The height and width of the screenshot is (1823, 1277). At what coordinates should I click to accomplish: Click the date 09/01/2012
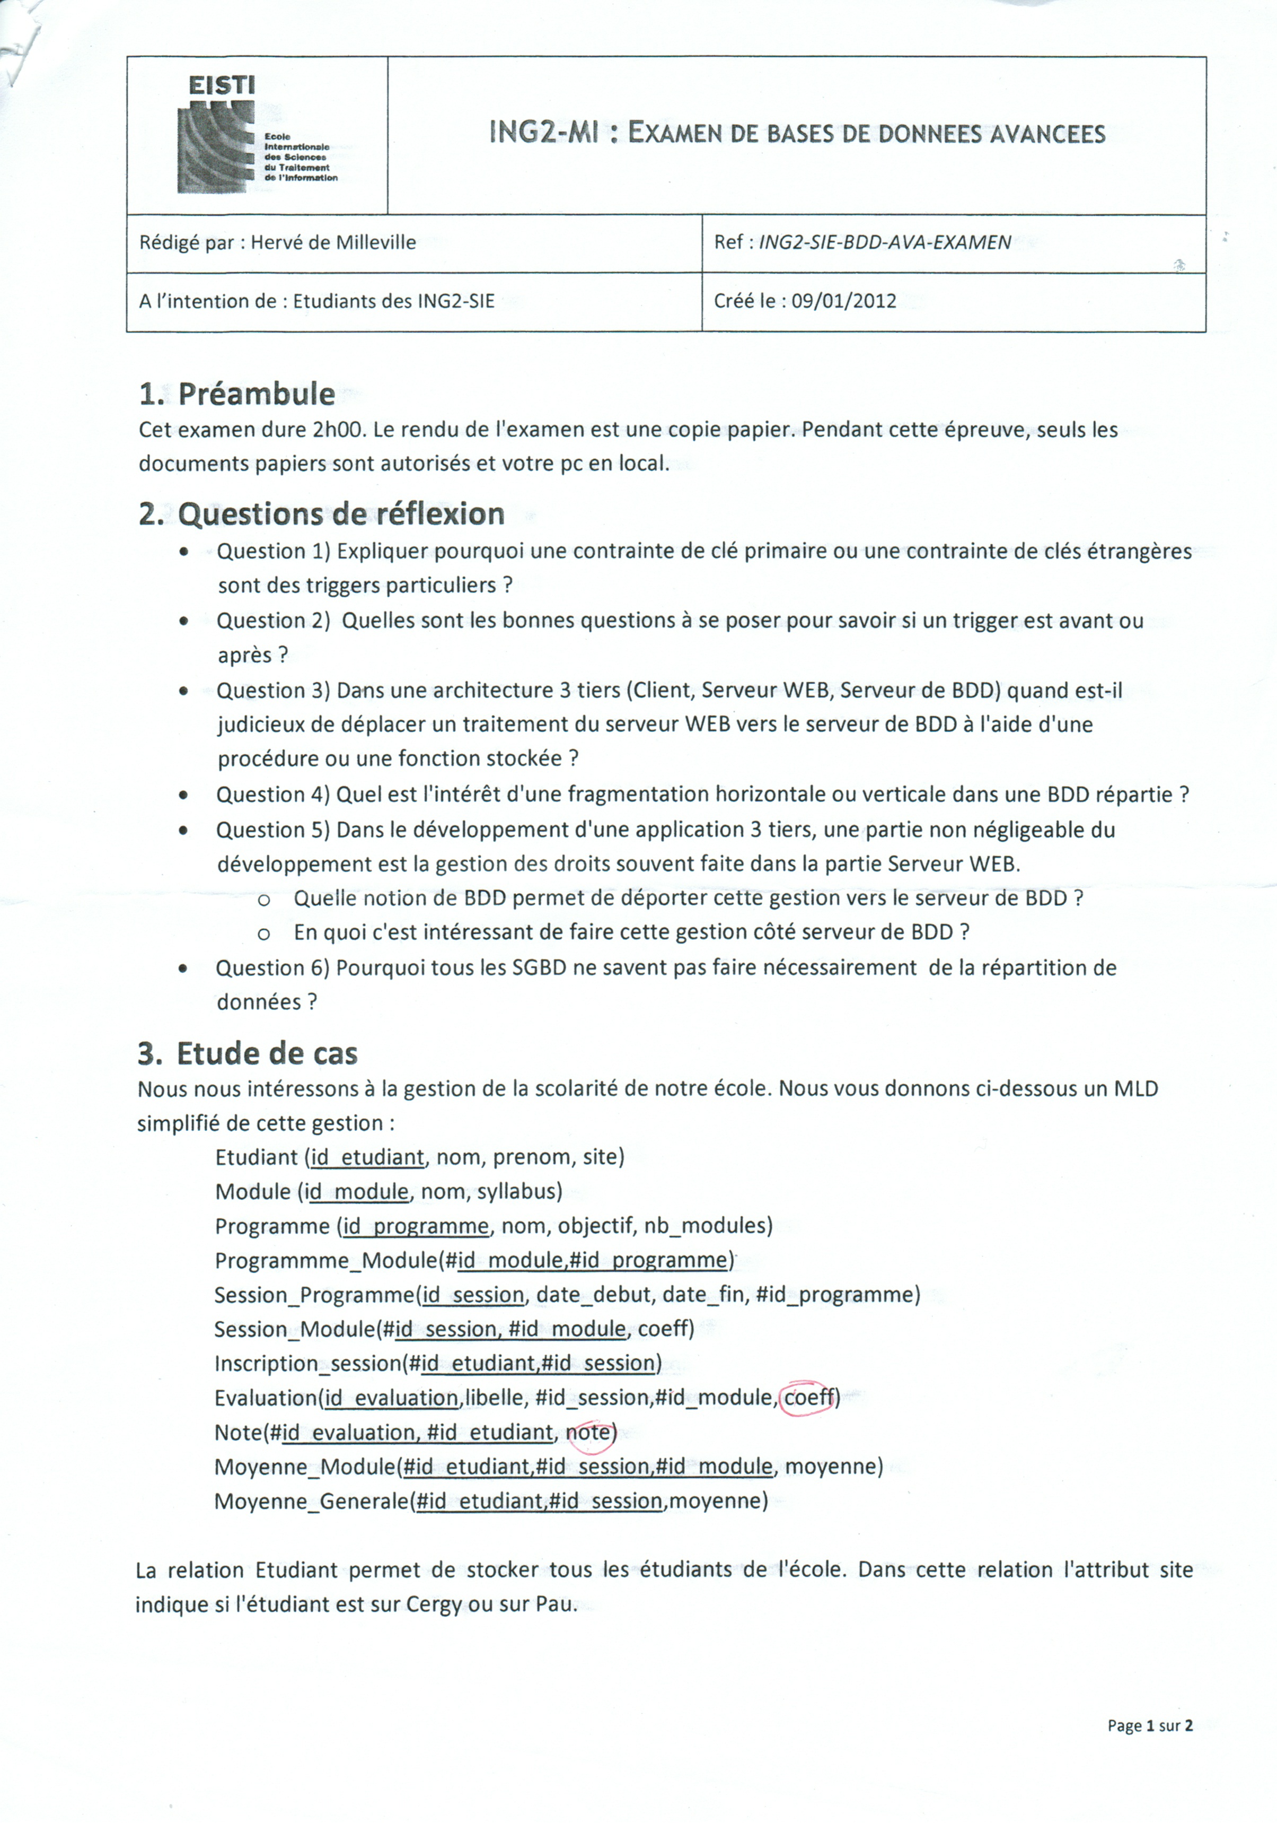(844, 301)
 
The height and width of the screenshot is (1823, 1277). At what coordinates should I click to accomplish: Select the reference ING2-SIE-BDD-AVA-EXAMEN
(884, 242)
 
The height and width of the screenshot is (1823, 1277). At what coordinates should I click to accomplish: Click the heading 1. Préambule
(236, 394)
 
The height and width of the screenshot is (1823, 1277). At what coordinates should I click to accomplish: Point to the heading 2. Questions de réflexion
(321, 514)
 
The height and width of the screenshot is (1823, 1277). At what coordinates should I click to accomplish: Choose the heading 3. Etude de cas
(248, 1053)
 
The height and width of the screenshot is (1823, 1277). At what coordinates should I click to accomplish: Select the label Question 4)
(272, 794)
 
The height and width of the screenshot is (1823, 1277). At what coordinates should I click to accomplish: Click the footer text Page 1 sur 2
(1149, 1725)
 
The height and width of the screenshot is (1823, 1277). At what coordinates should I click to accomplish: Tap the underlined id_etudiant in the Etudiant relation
(367, 1157)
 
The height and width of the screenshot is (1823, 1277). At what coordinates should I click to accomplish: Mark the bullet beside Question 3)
(184, 691)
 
